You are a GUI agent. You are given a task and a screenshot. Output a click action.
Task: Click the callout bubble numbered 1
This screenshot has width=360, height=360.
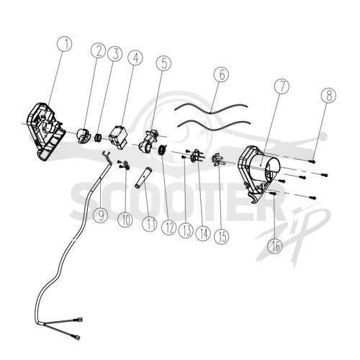coord(65,43)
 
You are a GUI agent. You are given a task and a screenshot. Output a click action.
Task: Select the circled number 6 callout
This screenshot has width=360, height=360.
coord(221,73)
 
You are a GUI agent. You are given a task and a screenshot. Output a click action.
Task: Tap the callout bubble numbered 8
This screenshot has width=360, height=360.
coord(328,95)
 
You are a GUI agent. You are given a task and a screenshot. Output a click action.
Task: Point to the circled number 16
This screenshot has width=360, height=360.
coord(275,246)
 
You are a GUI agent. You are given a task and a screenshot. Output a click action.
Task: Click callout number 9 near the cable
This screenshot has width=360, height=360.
coord(101,215)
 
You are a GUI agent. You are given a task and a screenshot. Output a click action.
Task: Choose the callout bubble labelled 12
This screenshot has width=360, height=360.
coord(168,227)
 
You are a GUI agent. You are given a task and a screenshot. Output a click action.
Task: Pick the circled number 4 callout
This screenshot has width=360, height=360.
coord(135,58)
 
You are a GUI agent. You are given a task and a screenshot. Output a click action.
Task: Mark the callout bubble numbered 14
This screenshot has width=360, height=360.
coord(203,233)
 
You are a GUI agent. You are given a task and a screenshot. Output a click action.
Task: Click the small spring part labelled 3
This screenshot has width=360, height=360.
coord(98,138)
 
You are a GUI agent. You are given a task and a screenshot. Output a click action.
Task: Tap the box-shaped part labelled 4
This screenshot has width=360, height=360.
coord(119,138)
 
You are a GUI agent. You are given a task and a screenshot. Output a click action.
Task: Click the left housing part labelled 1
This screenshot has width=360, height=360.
coord(46,132)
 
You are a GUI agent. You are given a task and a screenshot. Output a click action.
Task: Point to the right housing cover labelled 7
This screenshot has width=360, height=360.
coord(259,174)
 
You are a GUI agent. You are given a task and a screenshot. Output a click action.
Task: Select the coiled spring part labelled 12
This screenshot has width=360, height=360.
coord(163,150)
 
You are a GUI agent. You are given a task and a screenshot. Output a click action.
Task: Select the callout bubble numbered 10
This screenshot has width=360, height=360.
coord(125,219)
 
